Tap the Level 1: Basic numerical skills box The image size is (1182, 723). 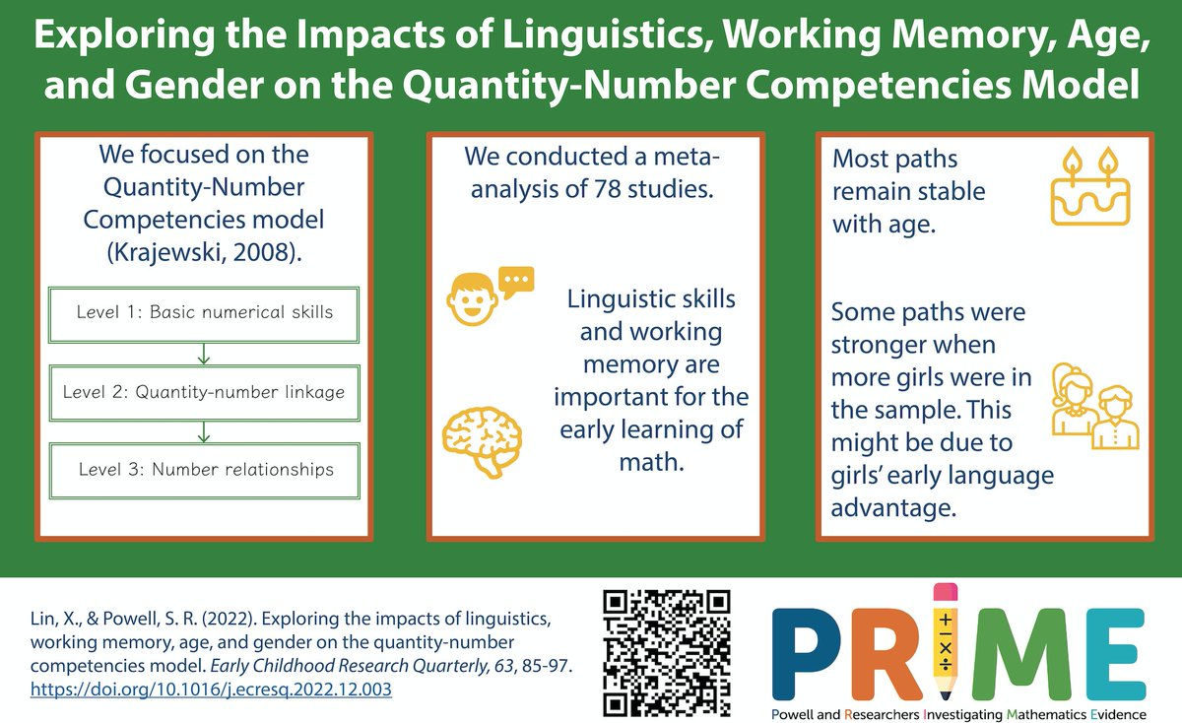205,313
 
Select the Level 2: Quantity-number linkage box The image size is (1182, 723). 205,391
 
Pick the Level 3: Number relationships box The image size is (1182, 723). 205,469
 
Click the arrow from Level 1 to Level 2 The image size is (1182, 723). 204,353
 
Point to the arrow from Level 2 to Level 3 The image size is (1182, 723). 204,430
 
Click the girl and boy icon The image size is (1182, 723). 1093,405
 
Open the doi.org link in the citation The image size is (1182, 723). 212,690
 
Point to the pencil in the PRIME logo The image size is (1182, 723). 945,646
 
